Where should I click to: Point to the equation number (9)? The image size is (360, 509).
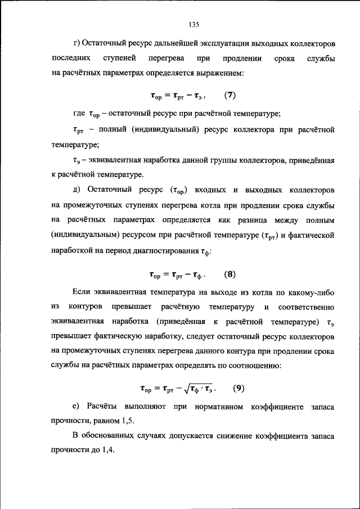coord(239,388)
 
